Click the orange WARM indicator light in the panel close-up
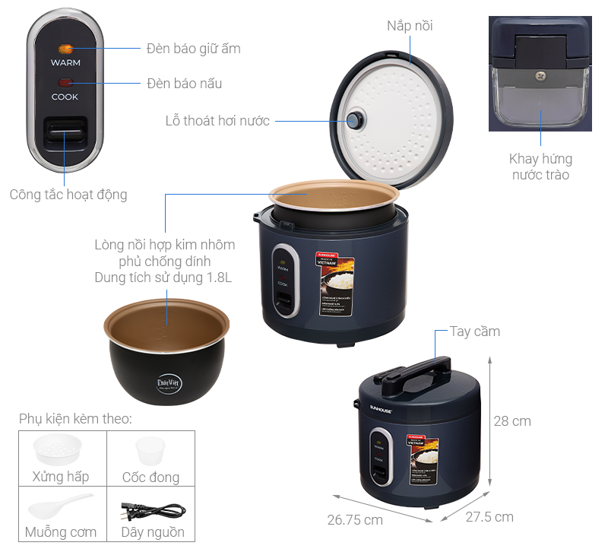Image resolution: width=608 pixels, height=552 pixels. tap(65, 49)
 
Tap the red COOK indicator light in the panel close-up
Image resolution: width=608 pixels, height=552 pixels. tap(65, 83)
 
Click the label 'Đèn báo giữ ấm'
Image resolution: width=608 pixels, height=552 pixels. tap(193, 49)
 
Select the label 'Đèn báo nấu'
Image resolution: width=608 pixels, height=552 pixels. tap(184, 83)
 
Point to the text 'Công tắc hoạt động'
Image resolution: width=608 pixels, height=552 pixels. tap(68, 195)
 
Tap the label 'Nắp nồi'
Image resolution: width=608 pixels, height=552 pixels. tap(410, 26)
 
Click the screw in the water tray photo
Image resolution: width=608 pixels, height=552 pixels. tap(540, 75)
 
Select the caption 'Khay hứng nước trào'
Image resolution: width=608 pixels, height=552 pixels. tap(540, 167)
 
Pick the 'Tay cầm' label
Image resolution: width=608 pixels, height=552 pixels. tap(475, 332)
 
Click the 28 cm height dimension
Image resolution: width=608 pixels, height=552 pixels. tap(511, 420)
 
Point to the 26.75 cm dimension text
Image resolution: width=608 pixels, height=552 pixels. tap(355, 520)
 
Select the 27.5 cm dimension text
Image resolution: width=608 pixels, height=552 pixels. tap(489, 517)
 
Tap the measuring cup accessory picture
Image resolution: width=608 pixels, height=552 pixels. tap(150, 451)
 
